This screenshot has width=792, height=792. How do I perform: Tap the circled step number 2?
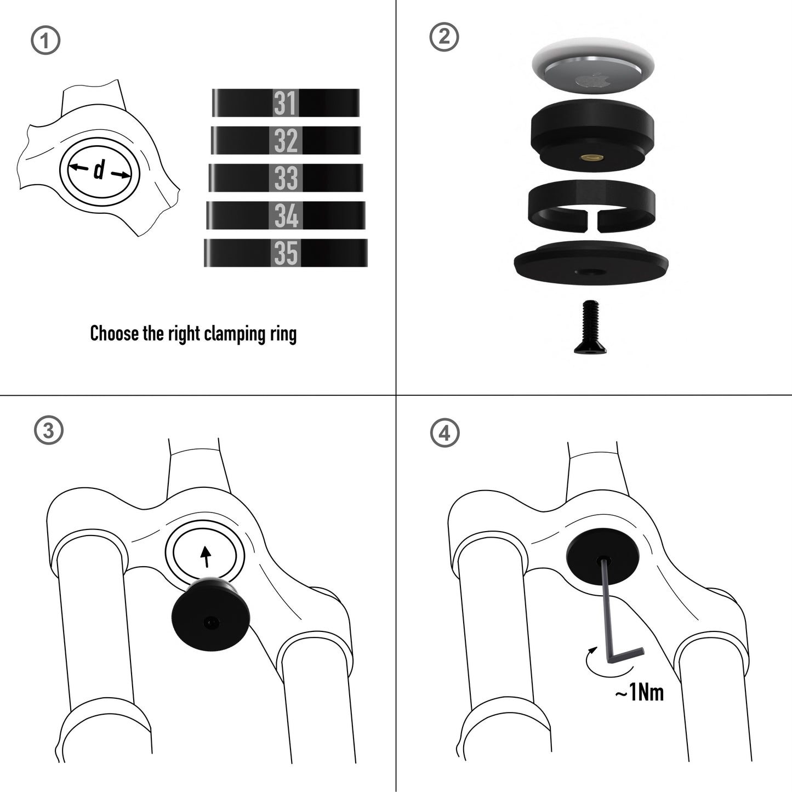444,37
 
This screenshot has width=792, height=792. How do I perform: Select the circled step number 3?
49,431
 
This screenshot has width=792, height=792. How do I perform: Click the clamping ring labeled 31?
286,102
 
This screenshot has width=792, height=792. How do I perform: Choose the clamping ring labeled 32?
286,140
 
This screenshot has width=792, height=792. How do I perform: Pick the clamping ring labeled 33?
286,178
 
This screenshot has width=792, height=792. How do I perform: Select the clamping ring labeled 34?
286,215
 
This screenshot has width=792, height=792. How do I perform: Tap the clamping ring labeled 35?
286,253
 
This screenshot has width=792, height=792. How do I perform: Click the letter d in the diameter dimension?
99,171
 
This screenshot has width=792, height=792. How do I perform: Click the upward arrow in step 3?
206,556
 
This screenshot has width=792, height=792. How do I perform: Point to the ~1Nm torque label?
639,693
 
